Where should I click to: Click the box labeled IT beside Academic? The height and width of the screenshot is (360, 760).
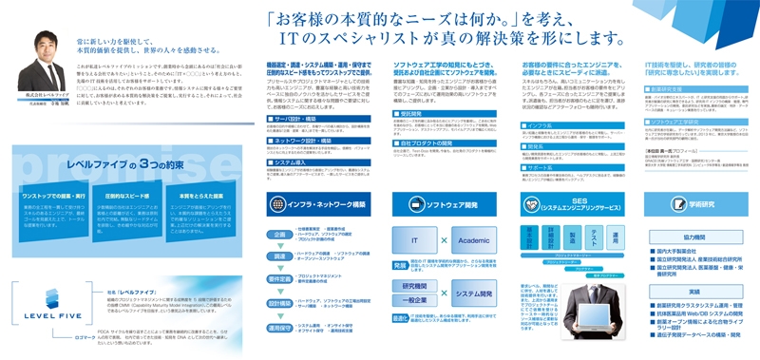point(415,241)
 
